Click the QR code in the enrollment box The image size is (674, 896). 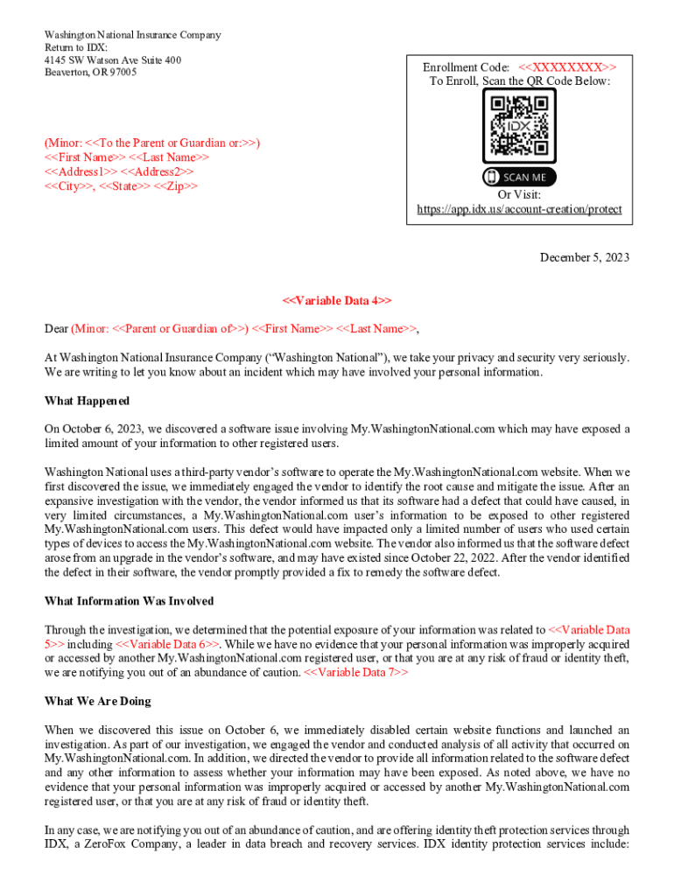coord(519,128)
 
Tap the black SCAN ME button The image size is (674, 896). coord(519,178)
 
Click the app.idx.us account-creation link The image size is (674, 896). coord(519,209)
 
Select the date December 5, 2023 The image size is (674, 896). coord(584,257)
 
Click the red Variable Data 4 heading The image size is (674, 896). coord(337,300)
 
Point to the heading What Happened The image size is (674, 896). coord(87,401)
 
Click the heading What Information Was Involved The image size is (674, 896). coord(129,601)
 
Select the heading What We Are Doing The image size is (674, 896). coord(97,701)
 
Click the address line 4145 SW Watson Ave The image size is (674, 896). coord(113,60)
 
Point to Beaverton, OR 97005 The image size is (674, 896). coord(90,72)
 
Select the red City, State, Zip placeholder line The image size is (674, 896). coord(121,186)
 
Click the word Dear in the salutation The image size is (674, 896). coord(56,329)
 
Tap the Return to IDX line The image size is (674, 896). coord(75,47)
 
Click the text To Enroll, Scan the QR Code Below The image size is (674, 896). coord(519,81)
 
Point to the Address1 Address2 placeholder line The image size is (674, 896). coord(119,171)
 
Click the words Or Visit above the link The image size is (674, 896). coord(519,195)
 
